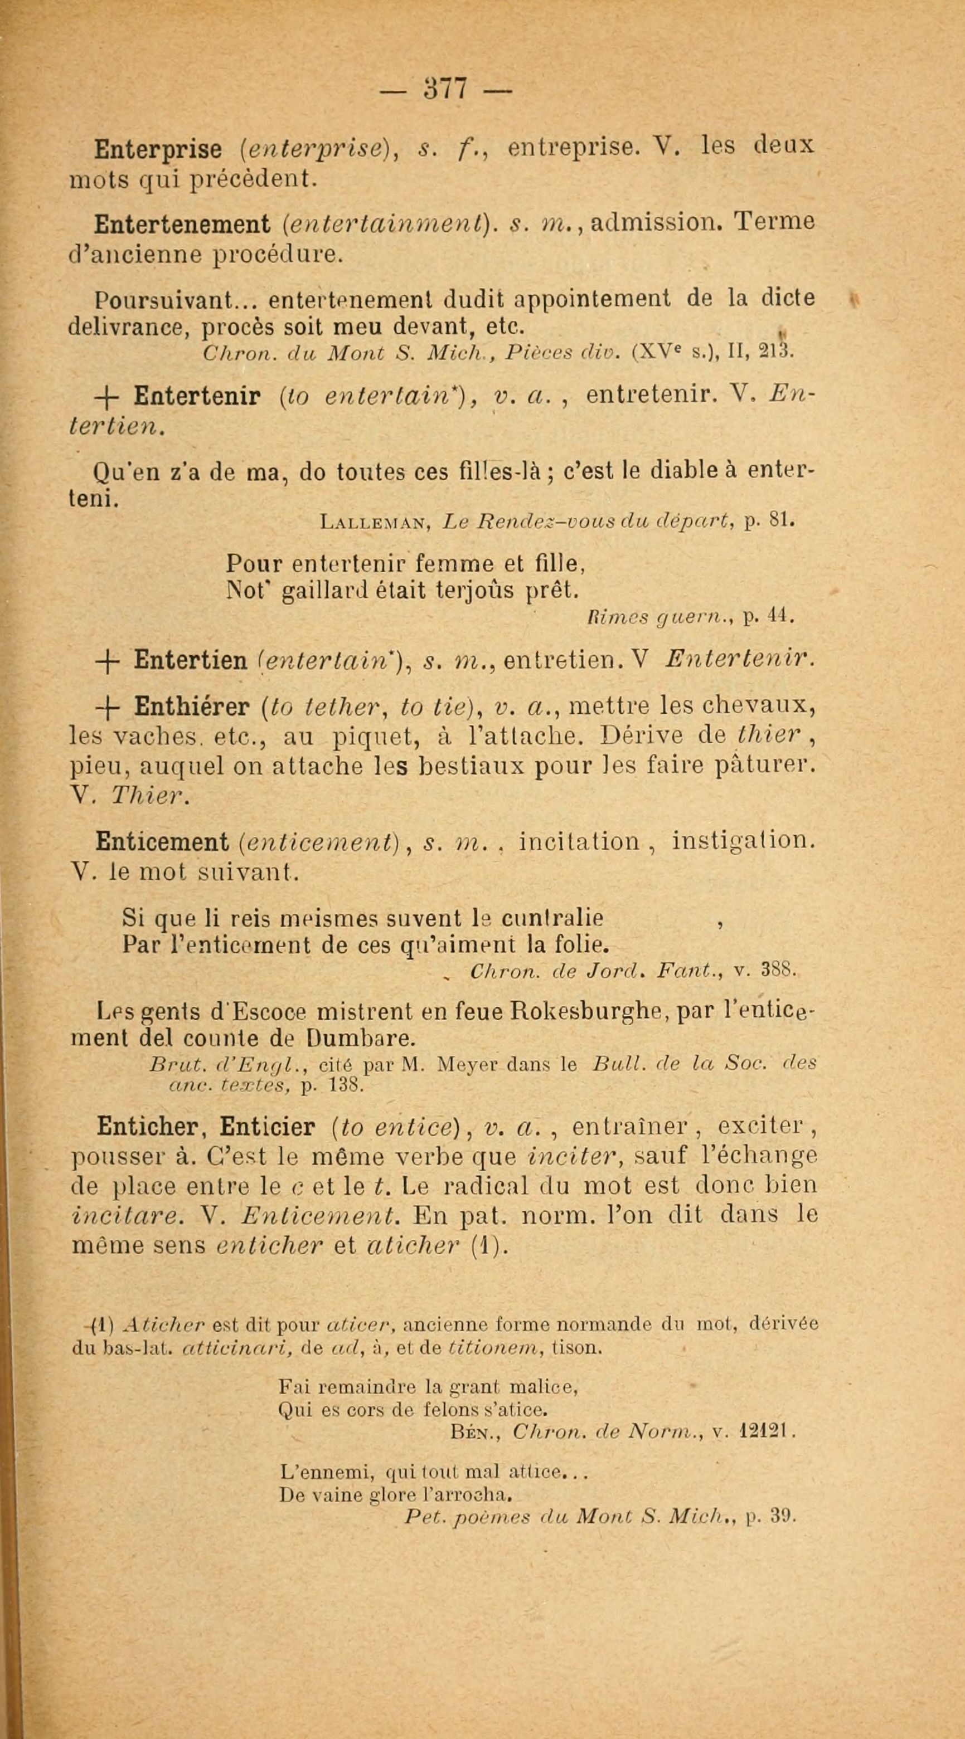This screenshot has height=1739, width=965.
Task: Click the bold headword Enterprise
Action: coord(159,149)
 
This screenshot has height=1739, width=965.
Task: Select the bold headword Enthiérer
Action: coord(192,707)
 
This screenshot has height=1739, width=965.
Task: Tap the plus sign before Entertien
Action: coord(109,660)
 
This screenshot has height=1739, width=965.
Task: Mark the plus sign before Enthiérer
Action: coord(109,707)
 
